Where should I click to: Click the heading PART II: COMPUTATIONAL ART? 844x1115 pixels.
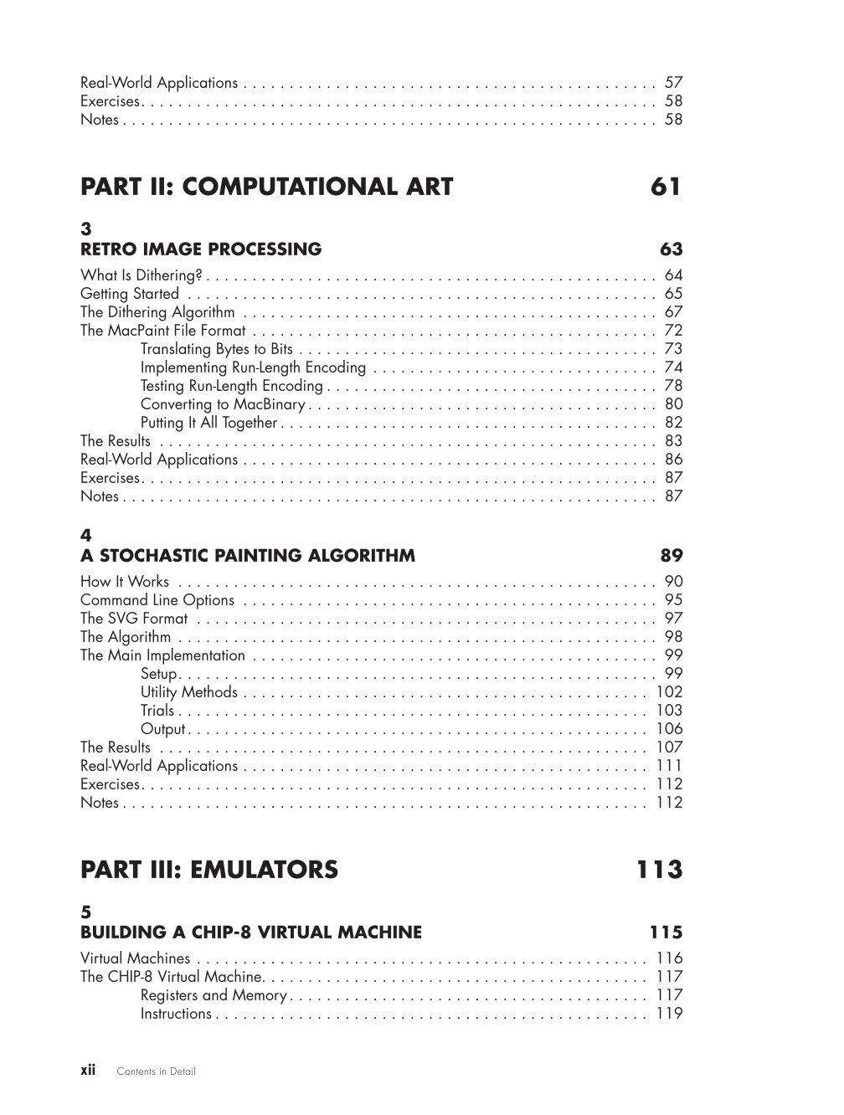[x=266, y=187]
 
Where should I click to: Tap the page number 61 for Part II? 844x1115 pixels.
[x=666, y=187]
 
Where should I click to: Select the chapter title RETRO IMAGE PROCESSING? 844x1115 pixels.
[x=201, y=249]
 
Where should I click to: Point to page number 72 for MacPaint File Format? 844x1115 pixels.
[x=673, y=331]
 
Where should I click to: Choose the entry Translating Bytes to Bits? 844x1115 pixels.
[x=217, y=349]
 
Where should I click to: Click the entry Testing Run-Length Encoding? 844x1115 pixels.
[x=231, y=386]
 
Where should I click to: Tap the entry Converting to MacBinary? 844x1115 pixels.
[x=223, y=404]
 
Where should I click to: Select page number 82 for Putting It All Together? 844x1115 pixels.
[x=673, y=423]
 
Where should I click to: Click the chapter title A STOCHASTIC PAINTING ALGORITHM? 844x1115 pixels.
[x=248, y=555]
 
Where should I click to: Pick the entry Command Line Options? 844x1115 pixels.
[x=157, y=600]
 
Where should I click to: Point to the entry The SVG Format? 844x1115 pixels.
[x=134, y=619]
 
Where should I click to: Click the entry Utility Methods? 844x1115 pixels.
[x=189, y=692]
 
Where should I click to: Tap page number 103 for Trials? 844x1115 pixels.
[x=669, y=711]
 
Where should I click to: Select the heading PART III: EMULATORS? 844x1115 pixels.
[x=209, y=870]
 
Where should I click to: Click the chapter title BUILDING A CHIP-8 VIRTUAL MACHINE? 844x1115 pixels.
[x=251, y=932]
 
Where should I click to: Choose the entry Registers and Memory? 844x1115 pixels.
[x=214, y=995]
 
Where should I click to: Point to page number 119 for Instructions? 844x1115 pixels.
[x=669, y=1014]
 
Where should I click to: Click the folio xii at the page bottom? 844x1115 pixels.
[x=88, y=1070]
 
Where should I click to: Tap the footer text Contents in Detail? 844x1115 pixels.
[x=156, y=1071]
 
